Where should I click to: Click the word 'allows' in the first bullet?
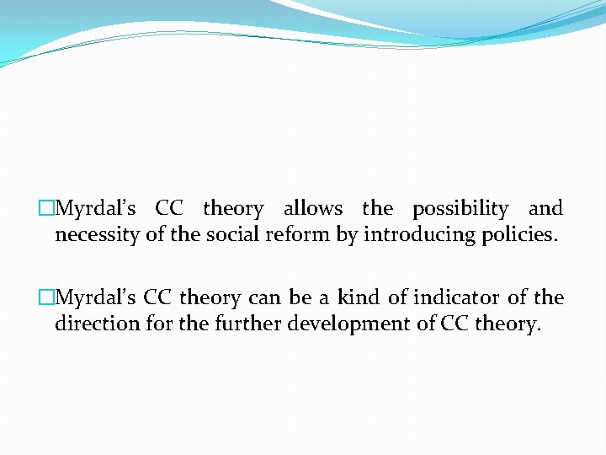point(313,208)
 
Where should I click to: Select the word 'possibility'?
point(460,209)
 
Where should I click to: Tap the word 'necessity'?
point(98,235)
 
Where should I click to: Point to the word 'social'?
point(232,235)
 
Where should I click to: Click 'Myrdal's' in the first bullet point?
point(94,209)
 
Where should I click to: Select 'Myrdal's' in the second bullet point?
point(94,298)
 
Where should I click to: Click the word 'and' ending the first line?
point(545,208)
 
